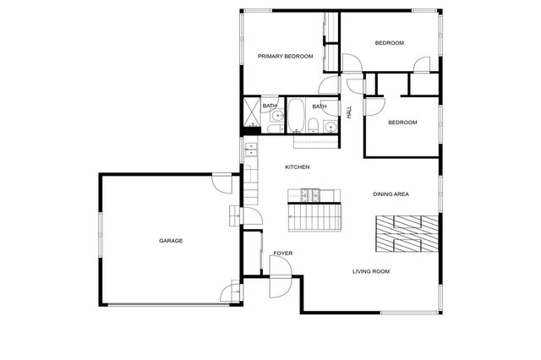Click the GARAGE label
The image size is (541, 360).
pos(171,241)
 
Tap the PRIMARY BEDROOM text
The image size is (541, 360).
pos(285,57)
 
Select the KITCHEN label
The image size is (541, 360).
pos(297,167)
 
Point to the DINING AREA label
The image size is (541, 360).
pos(391,194)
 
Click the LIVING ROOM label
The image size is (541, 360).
pos(370,271)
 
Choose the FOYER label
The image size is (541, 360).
pos(282,254)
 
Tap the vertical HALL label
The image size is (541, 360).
pos(349,112)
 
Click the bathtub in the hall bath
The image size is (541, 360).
pos(296,116)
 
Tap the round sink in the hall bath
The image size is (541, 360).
pos(330,127)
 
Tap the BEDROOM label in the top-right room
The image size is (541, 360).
pos(390,43)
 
